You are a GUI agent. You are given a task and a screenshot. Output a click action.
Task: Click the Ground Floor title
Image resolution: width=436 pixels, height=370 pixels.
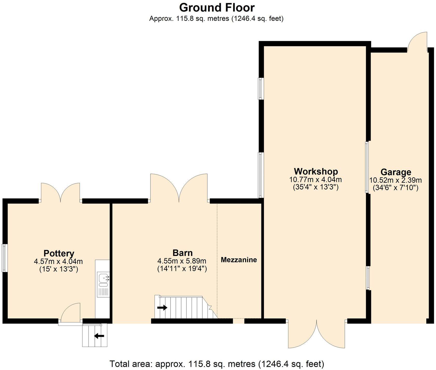coord(217,8)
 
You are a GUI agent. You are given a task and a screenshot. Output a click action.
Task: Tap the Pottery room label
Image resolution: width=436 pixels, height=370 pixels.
coord(59,253)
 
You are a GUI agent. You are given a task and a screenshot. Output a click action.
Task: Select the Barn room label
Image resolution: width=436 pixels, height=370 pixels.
coord(182,253)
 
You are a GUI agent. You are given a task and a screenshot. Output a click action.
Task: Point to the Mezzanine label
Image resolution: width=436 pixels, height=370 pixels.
coord(239,260)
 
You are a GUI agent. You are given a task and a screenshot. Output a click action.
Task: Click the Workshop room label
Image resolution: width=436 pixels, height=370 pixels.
coord(316,171)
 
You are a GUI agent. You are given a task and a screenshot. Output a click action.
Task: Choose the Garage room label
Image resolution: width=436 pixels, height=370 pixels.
coord(396,172)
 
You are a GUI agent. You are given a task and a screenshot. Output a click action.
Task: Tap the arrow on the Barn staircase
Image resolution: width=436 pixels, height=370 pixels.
coord(162,308)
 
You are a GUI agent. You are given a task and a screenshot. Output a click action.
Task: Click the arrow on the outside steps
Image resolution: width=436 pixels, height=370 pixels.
coord(99,336)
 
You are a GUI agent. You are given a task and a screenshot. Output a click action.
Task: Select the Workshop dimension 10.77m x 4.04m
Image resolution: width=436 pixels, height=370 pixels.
coord(315,180)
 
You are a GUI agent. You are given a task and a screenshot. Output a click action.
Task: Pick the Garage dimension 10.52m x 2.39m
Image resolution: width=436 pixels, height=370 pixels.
coord(395,180)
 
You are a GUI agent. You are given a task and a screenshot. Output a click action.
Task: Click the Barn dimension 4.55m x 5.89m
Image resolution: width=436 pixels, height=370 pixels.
coord(182,261)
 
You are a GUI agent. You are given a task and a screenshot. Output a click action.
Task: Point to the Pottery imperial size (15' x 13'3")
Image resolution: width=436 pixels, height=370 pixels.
coord(58,269)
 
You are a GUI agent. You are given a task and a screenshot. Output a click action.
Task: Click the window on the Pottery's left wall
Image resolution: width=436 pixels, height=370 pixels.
coord(5,258)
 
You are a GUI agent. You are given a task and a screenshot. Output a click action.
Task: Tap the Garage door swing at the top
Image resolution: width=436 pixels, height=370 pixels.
coord(417,42)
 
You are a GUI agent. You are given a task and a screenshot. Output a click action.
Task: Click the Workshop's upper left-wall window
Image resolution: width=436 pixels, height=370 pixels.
coord(261,89)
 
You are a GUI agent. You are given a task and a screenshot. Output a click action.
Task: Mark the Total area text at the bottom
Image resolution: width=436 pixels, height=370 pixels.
coord(217,364)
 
